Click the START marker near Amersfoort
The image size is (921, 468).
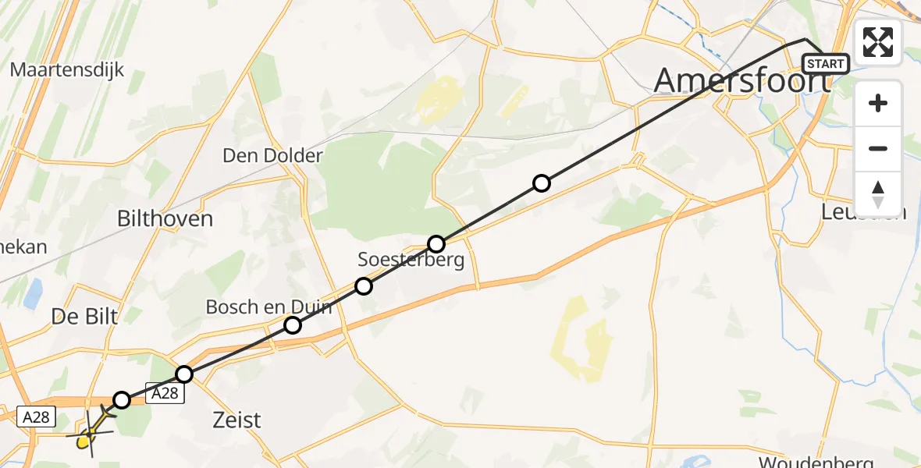tap(826, 63)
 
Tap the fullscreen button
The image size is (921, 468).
tap(878, 42)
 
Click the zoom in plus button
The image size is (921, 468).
tap(878, 104)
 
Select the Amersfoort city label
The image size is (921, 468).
tap(741, 80)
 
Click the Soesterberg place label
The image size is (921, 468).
tap(411, 260)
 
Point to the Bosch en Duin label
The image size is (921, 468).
tap(268, 307)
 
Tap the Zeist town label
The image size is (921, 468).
tap(237, 420)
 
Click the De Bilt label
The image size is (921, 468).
tap(84, 317)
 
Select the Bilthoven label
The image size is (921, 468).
tap(165, 218)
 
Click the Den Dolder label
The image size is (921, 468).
tap(272, 155)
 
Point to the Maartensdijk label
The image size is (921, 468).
tap(67, 69)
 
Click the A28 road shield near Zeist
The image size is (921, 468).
tap(165, 394)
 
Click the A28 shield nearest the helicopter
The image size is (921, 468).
tap(37, 417)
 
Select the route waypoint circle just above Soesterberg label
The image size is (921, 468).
tap(436, 243)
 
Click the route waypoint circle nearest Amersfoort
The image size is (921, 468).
tap(541, 183)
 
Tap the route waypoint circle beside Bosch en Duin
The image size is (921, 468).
tap(293, 324)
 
